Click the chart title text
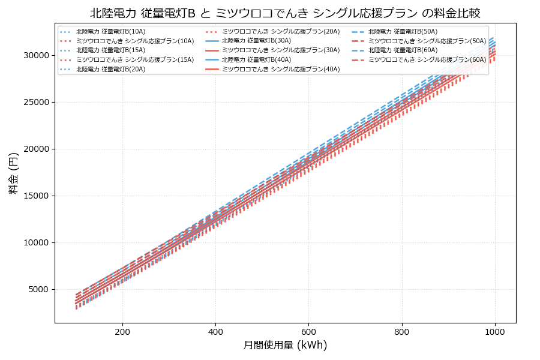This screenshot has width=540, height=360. [x=285, y=13]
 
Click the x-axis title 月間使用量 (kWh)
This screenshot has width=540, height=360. [x=285, y=345]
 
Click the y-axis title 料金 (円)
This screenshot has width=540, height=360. [x=13, y=173]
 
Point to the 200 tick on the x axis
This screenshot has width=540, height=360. [x=122, y=331]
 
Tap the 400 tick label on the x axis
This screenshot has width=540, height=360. [x=215, y=331]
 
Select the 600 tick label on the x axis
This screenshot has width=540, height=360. [x=308, y=331]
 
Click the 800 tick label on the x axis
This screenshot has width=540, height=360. [x=401, y=331]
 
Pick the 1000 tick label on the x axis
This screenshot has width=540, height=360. [x=494, y=331]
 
